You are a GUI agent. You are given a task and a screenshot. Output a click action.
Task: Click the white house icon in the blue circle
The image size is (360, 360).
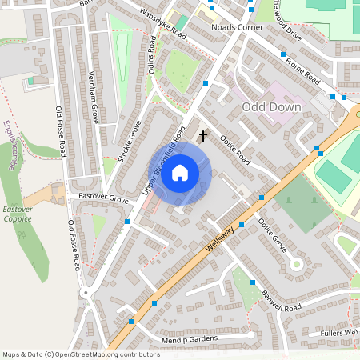180,172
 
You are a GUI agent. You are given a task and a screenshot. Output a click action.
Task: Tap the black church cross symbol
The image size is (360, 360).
202,136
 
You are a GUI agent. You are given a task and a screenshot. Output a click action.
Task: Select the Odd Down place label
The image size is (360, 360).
271,106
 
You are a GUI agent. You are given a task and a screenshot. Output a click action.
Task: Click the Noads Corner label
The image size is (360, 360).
236,26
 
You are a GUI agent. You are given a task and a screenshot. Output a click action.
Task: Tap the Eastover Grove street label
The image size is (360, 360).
98,197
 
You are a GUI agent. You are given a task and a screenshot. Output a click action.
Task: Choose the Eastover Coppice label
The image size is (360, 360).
17,213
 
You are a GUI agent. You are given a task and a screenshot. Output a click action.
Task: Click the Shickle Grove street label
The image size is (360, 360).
130,142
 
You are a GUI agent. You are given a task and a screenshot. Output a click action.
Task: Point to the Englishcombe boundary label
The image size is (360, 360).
9,145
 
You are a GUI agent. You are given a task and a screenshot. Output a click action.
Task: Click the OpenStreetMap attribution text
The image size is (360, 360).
81,354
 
